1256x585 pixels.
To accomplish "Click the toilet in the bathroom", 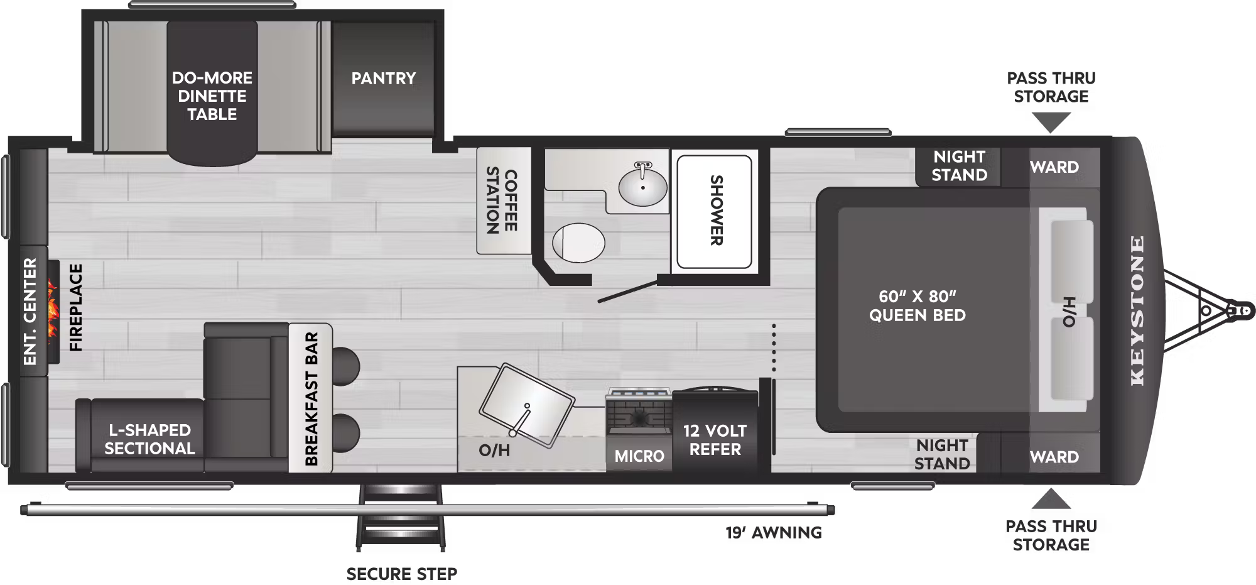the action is click(x=578, y=243).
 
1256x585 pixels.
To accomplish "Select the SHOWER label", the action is click(x=716, y=210).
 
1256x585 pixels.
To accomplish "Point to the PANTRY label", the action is click(x=383, y=78).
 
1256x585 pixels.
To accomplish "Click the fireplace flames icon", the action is click(x=52, y=312).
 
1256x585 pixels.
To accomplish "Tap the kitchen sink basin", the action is click(x=526, y=406).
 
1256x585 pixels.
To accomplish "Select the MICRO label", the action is click(x=639, y=456).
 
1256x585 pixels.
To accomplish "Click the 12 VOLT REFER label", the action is click(x=715, y=440).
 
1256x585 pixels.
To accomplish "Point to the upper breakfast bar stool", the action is click(x=346, y=365).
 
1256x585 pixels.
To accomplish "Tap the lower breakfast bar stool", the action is click(x=346, y=434).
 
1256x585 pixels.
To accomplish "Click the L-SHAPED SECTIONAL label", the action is click(x=149, y=439).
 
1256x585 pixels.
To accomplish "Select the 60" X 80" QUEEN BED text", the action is click(x=917, y=305).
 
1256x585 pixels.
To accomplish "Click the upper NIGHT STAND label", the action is click(x=959, y=165).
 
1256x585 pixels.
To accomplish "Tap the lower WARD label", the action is click(x=1054, y=457).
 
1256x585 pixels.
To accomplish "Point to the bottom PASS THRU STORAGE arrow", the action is click(x=1051, y=499).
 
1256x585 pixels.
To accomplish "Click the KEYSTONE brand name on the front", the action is click(x=1137, y=310).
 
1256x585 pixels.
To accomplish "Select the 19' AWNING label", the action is click(x=774, y=533).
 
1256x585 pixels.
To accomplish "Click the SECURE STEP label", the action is click(x=402, y=574).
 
